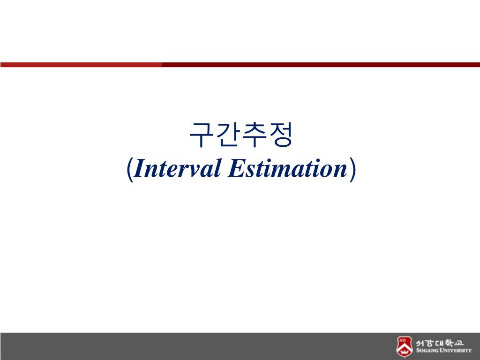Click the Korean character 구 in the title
click(201, 135)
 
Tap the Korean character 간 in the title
click(226, 135)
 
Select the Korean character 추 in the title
click(254, 135)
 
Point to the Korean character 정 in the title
click(280, 135)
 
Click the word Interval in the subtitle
click(177, 168)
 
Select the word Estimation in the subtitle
click(288, 168)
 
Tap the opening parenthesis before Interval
click(130, 169)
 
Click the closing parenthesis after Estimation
click(352, 169)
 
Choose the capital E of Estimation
click(237, 168)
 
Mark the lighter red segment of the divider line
click(81, 65)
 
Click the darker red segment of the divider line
click(321, 65)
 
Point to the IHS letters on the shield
click(402, 340)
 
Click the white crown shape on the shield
click(404, 352)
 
